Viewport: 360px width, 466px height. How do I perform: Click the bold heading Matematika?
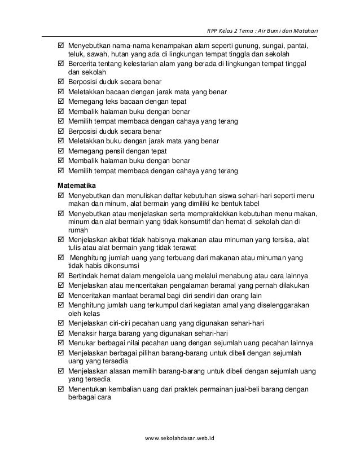point(77,185)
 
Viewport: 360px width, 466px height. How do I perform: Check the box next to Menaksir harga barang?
point(61,333)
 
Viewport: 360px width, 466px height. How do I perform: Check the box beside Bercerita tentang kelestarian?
point(61,64)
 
